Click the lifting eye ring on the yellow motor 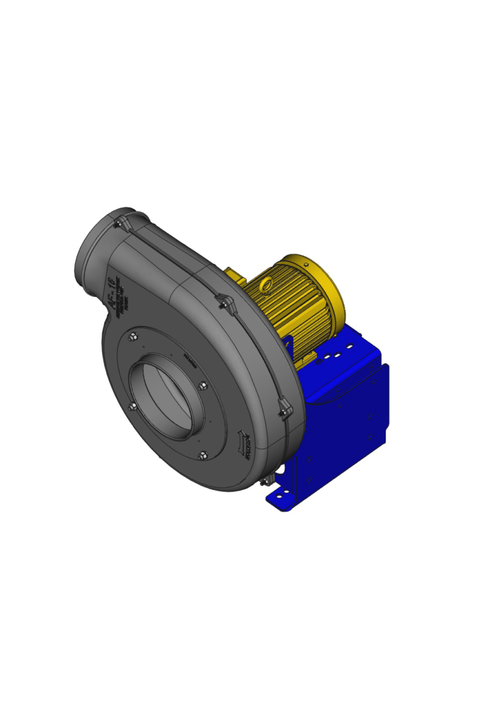coord(265,283)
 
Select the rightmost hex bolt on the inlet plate coord(203,387)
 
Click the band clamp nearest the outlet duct coord(120,224)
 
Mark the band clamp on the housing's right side coord(283,407)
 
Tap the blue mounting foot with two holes coord(281,497)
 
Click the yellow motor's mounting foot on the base coord(304,356)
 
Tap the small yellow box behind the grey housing coord(235,277)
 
